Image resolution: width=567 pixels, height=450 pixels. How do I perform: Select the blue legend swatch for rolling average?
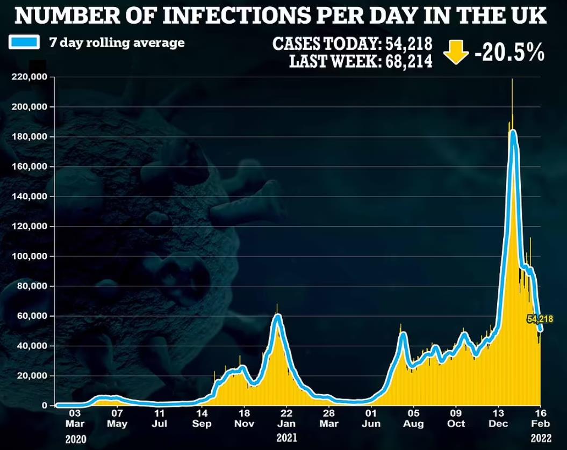coord(24,42)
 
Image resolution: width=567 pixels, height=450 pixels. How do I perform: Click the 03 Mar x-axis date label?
coord(74,418)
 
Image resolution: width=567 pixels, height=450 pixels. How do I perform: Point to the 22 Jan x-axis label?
coord(286,418)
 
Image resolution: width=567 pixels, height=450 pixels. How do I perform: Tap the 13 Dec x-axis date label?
coord(498,418)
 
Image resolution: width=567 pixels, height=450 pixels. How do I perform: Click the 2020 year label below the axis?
coord(75,439)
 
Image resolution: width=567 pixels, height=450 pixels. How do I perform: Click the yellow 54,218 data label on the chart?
coord(540,319)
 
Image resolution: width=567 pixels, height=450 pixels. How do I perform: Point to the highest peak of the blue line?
coord(513,132)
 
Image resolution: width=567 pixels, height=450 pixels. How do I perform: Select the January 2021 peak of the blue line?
coord(277,316)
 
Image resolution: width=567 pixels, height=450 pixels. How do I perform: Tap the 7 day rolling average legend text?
coord(116,42)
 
